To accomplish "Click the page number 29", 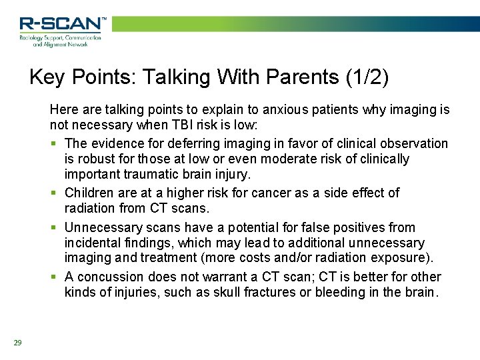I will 17,343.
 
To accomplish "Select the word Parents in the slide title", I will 303,77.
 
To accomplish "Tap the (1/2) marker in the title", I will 367,77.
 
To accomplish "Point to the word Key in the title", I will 46,77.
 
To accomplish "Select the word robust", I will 97,159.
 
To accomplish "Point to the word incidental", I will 94,243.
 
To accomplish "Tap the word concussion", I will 107,277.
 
